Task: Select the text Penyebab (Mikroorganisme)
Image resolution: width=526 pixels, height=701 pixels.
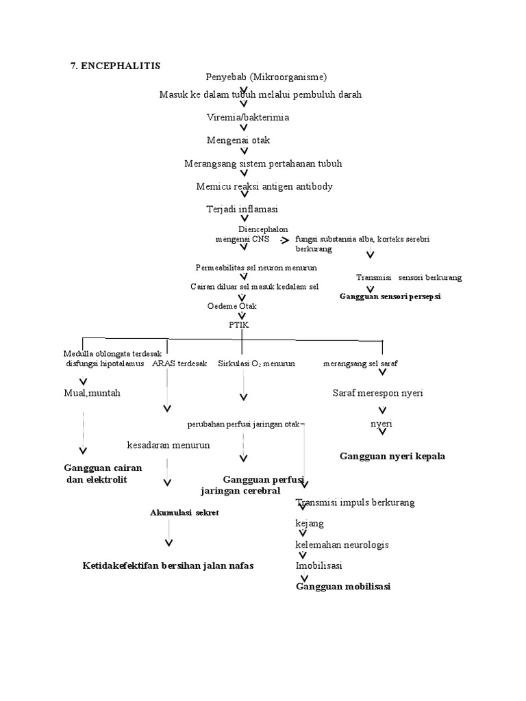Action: pyautogui.click(x=266, y=77)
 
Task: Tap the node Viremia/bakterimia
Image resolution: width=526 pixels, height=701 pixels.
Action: pyautogui.click(x=248, y=118)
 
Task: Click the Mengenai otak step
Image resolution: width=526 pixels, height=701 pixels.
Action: pyautogui.click(x=238, y=140)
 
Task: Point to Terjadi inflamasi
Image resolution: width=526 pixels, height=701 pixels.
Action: pyautogui.click(x=237, y=209)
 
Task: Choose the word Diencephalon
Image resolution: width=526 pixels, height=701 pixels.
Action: pyautogui.click(x=263, y=229)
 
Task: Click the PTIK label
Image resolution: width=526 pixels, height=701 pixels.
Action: pyautogui.click(x=239, y=325)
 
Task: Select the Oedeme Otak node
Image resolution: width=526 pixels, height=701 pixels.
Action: pyautogui.click(x=232, y=306)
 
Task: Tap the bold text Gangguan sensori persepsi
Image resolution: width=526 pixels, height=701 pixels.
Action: pyautogui.click(x=390, y=297)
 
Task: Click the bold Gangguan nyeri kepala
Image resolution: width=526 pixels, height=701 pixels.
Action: pyautogui.click(x=392, y=457)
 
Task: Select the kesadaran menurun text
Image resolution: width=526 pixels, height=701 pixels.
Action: pyautogui.click(x=168, y=445)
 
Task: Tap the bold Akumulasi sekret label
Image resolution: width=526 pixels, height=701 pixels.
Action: pyautogui.click(x=184, y=513)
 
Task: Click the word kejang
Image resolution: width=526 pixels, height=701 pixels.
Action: pyautogui.click(x=309, y=524)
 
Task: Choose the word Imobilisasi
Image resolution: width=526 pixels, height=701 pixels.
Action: pyautogui.click(x=318, y=566)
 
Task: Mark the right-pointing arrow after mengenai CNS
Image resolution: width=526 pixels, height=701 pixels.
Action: pyautogui.click(x=284, y=241)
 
